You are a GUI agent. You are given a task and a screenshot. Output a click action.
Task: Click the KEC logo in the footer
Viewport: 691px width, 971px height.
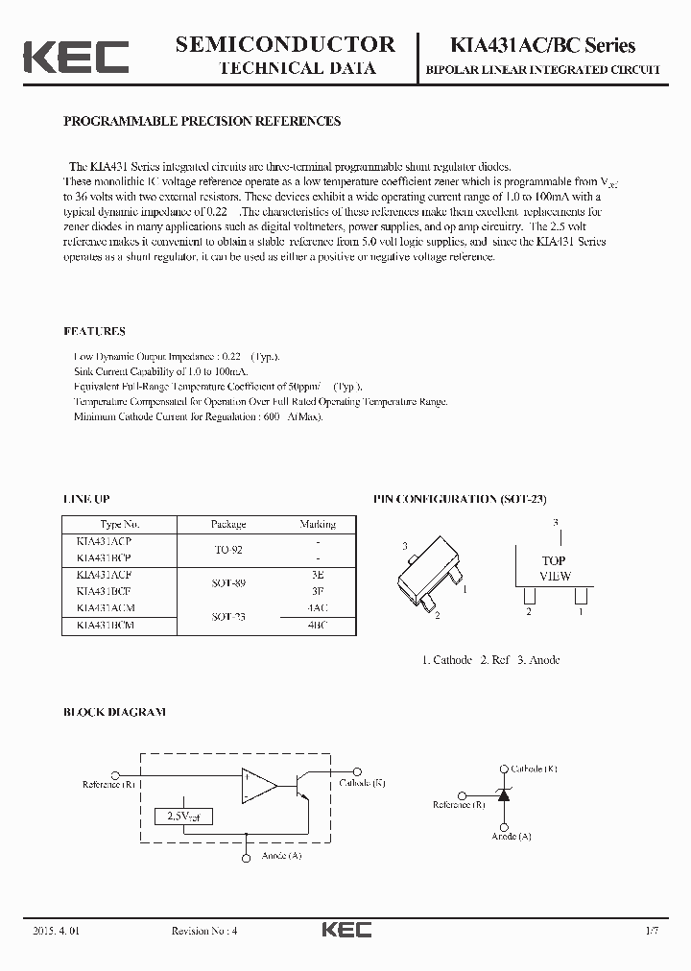(345, 930)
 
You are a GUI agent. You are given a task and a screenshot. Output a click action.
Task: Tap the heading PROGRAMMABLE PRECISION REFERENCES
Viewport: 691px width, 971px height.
(202, 122)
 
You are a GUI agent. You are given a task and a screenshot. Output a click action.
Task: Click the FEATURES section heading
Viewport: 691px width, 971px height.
(94, 332)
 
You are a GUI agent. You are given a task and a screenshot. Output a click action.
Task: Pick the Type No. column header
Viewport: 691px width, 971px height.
(120, 525)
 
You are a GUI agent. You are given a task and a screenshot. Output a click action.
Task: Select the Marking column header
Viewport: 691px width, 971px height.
(317, 525)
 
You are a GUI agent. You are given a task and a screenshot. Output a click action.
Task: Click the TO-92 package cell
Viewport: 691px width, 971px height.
(228, 550)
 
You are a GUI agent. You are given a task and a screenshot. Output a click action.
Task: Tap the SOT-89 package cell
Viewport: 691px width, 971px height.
(228, 582)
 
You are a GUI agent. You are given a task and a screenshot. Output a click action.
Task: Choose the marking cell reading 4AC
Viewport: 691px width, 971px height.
(317, 607)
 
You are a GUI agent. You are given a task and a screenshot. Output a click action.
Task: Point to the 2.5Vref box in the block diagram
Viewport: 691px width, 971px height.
(183, 817)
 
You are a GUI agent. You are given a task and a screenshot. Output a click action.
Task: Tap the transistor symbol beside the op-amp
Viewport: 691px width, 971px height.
(300, 785)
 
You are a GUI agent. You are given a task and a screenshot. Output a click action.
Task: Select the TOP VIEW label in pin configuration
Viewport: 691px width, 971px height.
(554, 568)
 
